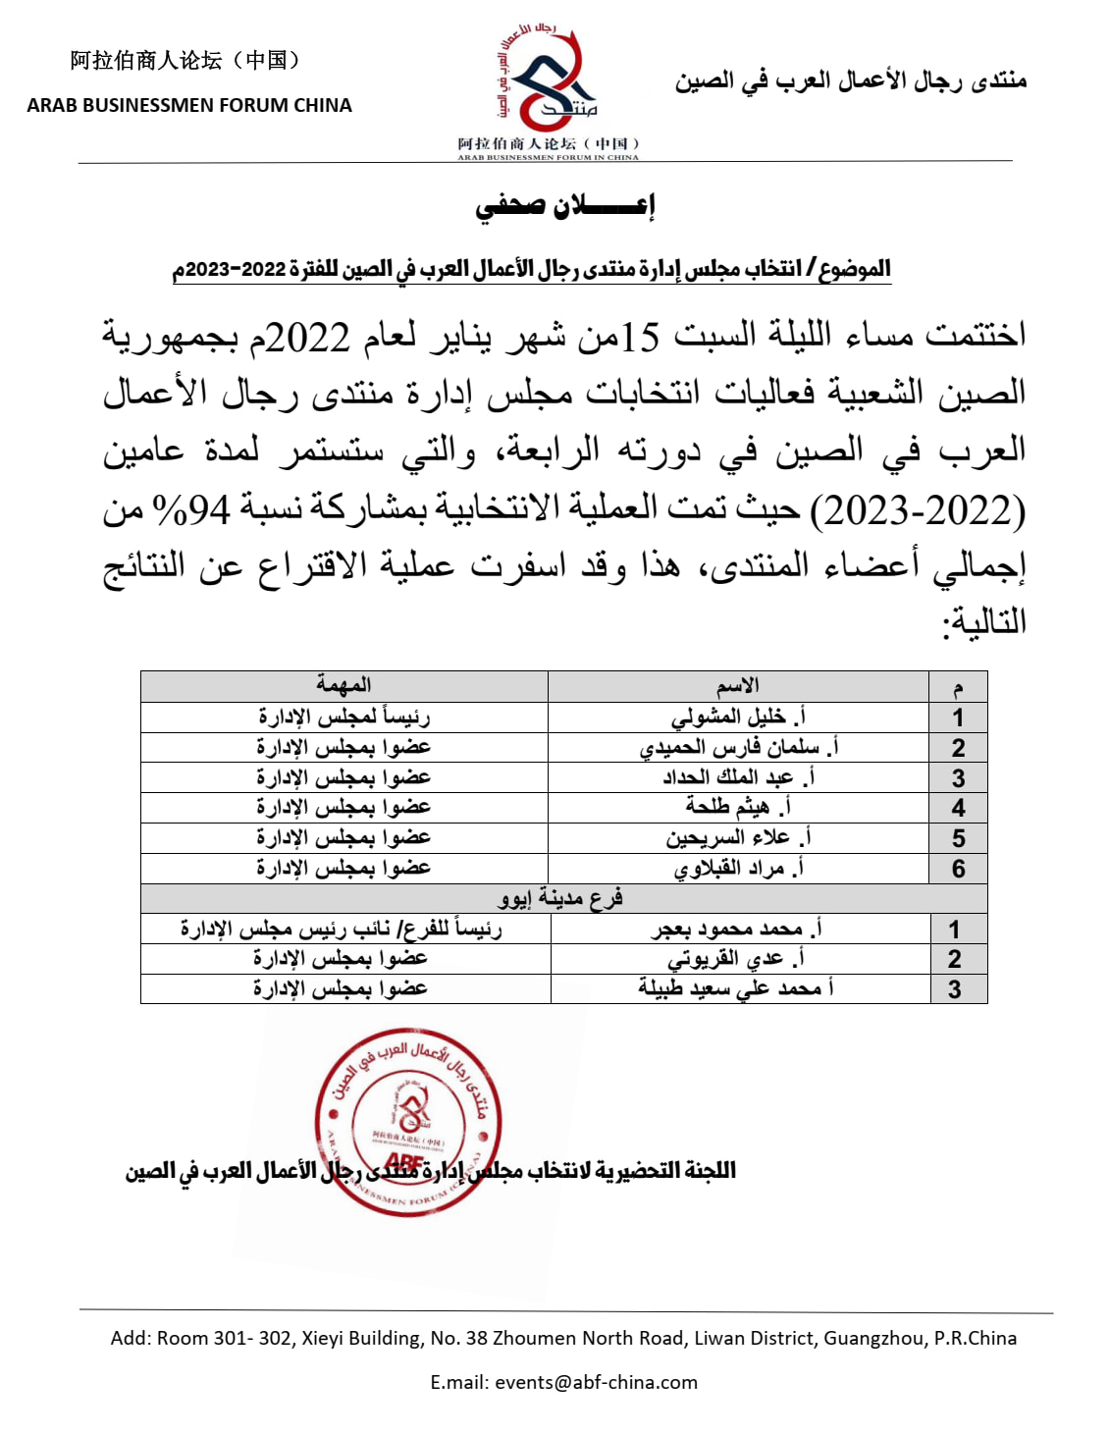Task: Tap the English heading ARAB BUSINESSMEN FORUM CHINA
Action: tap(189, 105)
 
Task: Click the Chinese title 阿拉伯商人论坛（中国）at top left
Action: tap(185, 61)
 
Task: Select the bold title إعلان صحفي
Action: tap(564, 205)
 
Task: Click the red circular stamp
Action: tap(407, 1124)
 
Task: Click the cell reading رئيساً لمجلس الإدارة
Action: tap(343, 717)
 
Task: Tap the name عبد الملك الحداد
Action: tap(738, 777)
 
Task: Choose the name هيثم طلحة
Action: tap(738, 808)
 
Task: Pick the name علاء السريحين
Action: tap(738, 838)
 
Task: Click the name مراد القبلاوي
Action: tap(738, 869)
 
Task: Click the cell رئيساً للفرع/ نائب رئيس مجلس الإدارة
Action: tap(342, 929)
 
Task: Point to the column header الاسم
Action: tap(738, 685)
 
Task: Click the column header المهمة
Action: tap(343, 685)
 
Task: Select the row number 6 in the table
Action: tap(958, 869)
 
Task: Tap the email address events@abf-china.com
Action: tap(596, 1382)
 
